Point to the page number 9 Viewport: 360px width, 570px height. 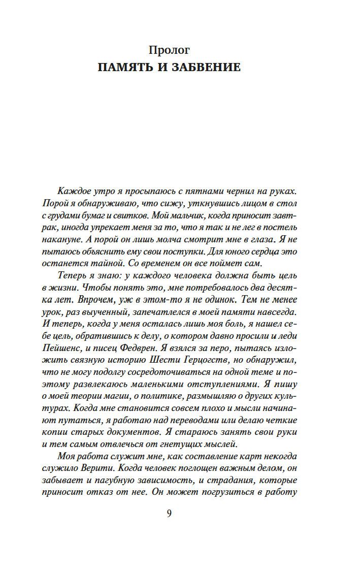[169, 513]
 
